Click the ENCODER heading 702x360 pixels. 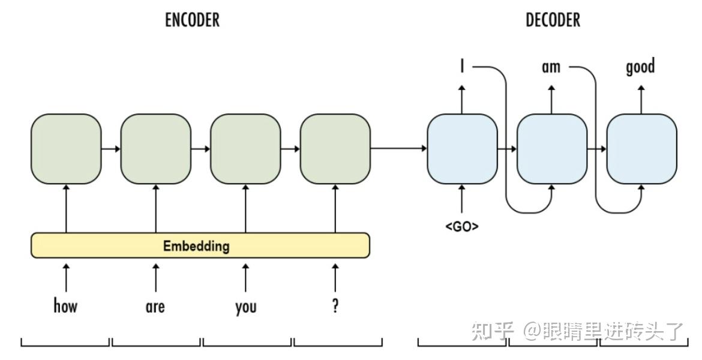click(x=192, y=20)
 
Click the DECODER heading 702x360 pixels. click(x=553, y=20)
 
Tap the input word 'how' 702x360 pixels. click(x=65, y=307)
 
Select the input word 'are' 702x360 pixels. click(x=155, y=307)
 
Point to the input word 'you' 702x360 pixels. click(x=245, y=307)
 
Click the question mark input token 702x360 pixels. click(x=335, y=305)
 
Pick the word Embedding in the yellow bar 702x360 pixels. click(x=196, y=245)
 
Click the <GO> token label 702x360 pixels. click(x=462, y=227)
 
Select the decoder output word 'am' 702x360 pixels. click(x=551, y=67)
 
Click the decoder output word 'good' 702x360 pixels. click(x=640, y=67)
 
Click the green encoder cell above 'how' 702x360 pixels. click(x=66, y=149)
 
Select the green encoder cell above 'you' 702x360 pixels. click(x=245, y=149)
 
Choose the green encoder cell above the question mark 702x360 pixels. click(x=335, y=149)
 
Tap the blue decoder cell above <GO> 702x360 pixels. click(x=462, y=149)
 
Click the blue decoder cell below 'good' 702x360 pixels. click(x=641, y=149)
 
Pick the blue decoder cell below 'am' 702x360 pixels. click(x=551, y=149)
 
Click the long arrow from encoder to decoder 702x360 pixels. click(x=398, y=149)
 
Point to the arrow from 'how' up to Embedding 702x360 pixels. click(x=66, y=277)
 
